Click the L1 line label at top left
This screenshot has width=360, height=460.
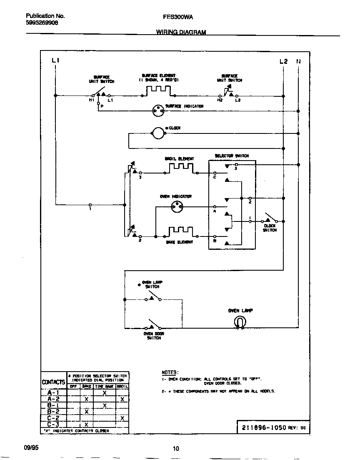[56, 61]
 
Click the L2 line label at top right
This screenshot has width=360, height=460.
[283, 61]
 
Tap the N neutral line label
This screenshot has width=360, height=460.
[298, 61]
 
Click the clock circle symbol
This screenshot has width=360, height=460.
[158, 133]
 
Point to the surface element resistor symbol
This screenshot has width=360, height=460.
[158, 90]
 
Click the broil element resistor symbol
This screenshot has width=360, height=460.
[181, 168]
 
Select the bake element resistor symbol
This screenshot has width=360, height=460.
[180, 232]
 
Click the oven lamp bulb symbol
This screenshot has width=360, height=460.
[240, 322]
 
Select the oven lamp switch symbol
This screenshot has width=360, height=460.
[153, 297]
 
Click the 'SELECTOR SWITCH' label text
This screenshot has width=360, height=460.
[232, 156]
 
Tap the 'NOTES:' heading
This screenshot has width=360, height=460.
[170, 372]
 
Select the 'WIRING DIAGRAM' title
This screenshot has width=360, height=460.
[181, 32]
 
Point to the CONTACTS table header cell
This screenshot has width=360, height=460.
[54, 382]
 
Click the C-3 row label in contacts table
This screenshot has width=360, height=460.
[53, 425]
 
